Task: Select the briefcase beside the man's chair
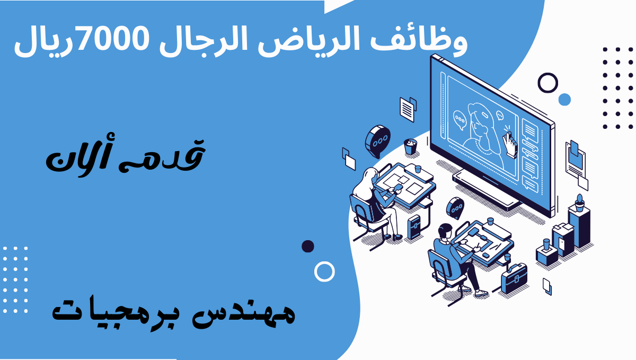(x=515, y=278)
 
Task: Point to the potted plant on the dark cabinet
(x=579, y=203)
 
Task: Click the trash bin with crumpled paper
(x=410, y=146)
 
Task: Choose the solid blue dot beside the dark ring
(x=564, y=100)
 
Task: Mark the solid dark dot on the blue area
(x=308, y=246)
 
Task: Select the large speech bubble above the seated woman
(x=377, y=141)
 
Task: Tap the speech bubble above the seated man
(x=455, y=208)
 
